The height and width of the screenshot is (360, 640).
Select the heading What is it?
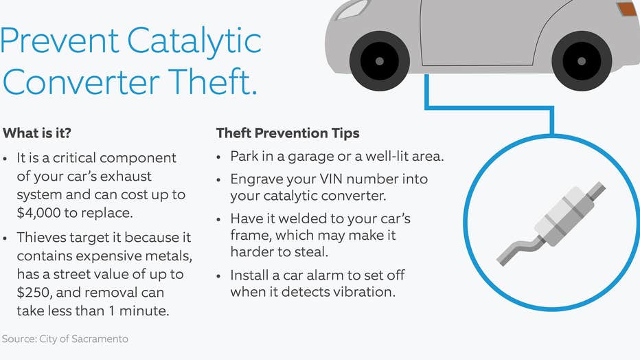click(36, 133)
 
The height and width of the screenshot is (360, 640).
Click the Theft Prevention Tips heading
click(288, 133)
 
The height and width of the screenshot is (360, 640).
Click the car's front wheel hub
click(380, 61)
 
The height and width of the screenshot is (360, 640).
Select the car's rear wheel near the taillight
click(582, 61)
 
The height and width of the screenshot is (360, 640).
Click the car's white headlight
click(352, 10)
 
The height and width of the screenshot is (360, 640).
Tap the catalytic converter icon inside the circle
click(551, 224)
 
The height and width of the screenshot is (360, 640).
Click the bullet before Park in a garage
click(219, 157)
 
